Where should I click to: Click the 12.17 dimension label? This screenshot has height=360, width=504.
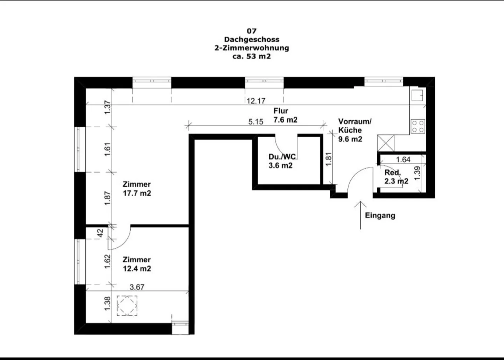tap(256, 101)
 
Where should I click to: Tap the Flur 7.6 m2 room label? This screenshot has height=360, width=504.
tap(285, 115)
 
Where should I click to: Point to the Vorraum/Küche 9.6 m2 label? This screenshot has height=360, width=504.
tap(354, 130)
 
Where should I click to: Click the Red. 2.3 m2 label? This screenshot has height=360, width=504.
tap(396, 177)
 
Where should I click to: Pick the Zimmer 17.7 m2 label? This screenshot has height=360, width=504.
tap(137, 189)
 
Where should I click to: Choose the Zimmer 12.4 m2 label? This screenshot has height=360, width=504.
tap(137, 264)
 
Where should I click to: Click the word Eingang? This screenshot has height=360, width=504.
tap(380, 216)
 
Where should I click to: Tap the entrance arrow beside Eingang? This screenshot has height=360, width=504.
tap(360, 215)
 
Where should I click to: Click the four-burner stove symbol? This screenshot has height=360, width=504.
tap(418, 126)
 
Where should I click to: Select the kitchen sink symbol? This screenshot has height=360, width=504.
tap(417, 95)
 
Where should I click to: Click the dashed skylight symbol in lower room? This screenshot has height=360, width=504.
tap(127, 306)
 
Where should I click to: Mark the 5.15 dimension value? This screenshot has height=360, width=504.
tap(255, 122)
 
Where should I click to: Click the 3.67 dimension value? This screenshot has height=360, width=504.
tap(137, 287)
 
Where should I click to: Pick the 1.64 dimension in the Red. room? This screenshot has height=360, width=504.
tap(403, 160)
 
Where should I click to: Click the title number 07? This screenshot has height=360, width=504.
tap(251, 31)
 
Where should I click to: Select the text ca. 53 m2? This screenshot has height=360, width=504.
tap(251, 56)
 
